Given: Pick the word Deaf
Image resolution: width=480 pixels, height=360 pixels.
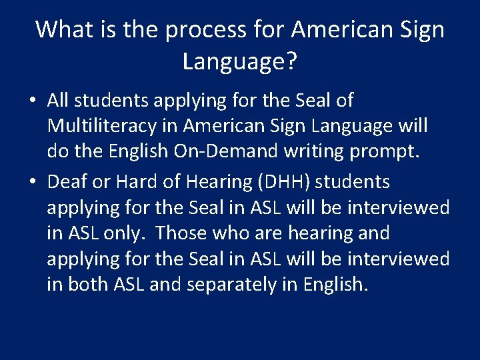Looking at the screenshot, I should pyautogui.click(x=64, y=182).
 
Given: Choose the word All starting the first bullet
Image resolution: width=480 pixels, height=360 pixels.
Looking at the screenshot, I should pyautogui.click(x=59, y=101).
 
